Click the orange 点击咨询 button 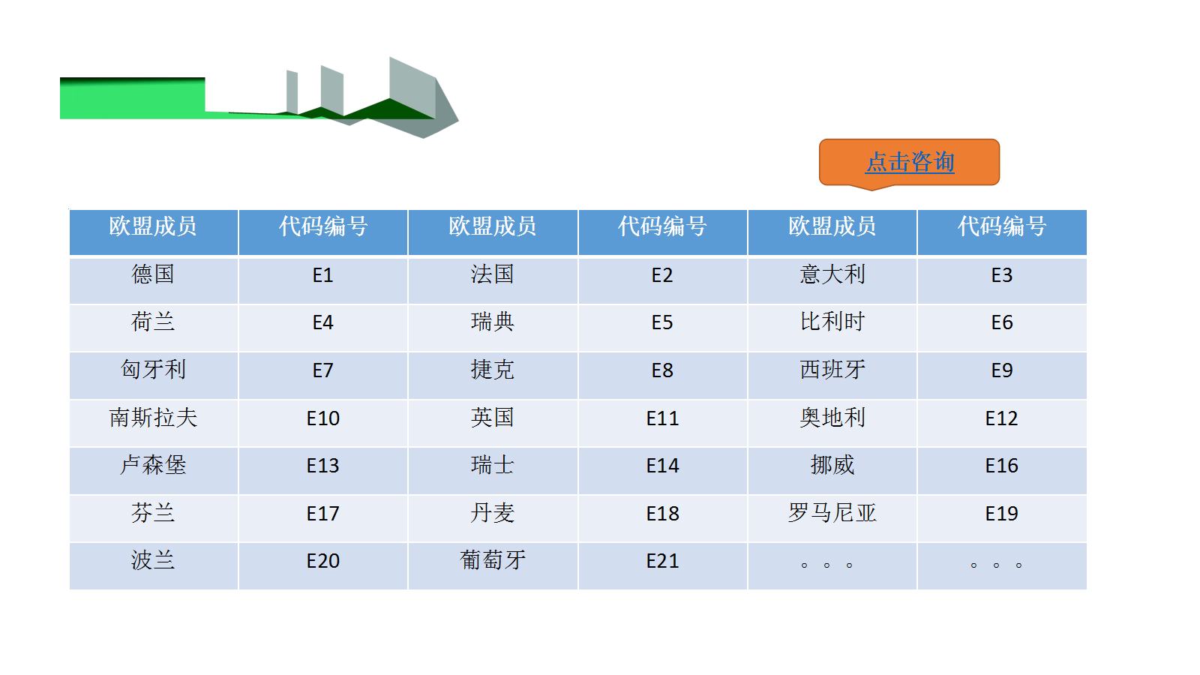coord(909,163)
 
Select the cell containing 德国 coord(154,280)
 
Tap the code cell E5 coord(663,328)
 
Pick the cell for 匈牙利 coord(154,376)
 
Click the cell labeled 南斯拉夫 coord(154,423)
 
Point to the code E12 coord(1002,423)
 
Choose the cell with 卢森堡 coord(154,471)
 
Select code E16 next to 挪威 coord(1002,471)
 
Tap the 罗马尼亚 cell coord(832,518)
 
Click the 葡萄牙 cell coord(493,566)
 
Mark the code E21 coord(663,566)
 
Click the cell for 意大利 coord(832,280)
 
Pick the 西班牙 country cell coord(832,376)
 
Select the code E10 coord(323,423)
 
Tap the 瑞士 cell coord(493,471)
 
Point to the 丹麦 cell coord(493,518)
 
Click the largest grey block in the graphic coord(412,85)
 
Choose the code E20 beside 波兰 coord(323,566)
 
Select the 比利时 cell coord(832,328)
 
